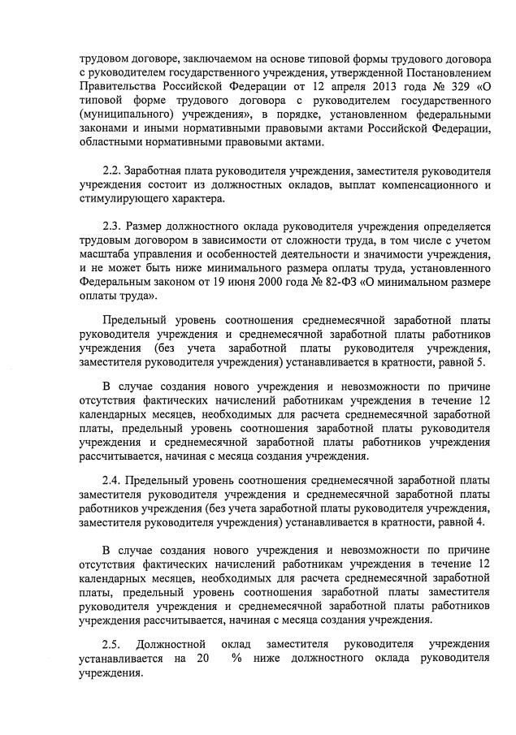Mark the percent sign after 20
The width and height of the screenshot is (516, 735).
[236, 659]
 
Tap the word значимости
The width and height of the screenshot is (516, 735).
[400, 256]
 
